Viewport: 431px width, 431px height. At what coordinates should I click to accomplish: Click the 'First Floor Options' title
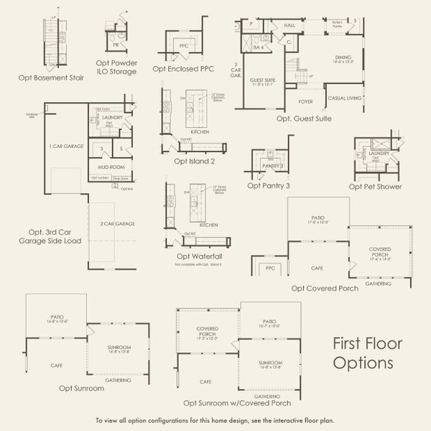[x=367, y=353]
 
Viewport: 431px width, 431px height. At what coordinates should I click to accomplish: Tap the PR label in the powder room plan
[x=116, y=44]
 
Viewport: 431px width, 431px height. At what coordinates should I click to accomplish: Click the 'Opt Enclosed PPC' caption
[x=183, y=69]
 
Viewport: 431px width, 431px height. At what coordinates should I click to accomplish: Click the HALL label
[x=289, y=25]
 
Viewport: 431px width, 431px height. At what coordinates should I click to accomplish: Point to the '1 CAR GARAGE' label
[x=67, y=146]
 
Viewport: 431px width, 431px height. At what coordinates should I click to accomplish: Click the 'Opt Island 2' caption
[x=194, y=161]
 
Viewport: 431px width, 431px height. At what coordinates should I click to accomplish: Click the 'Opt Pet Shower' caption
[x=375, y=186]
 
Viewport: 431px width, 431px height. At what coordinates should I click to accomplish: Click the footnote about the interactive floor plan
[x=215, y=420]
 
